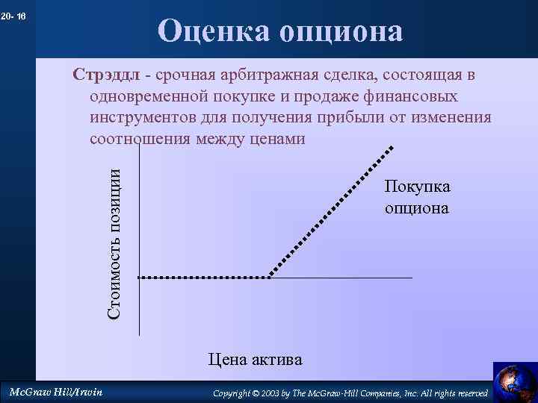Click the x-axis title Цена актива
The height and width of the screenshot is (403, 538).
click(x=255, y=360)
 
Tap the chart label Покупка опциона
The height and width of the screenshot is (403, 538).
click(x=417, y=197)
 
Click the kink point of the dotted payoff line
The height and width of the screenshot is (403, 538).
click(x=269, y=277)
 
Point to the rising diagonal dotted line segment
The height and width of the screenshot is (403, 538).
click(x=329, y=213)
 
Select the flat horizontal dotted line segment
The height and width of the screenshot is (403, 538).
click(x=203, y=277)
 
